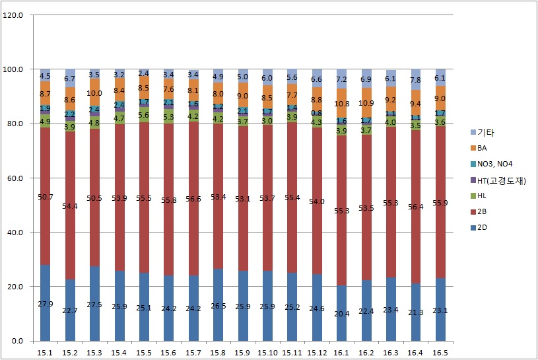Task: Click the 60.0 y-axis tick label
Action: pyautogui.click(x=15, y=178)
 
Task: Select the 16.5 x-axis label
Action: pyautogui.click(x=440, y=353)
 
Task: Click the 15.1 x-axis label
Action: pyautogui.click(x=45, y=353)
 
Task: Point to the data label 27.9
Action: pyautogui.click(x=46, y=303)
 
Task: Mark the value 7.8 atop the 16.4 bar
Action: pyautogui.click(x=415, y=81)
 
